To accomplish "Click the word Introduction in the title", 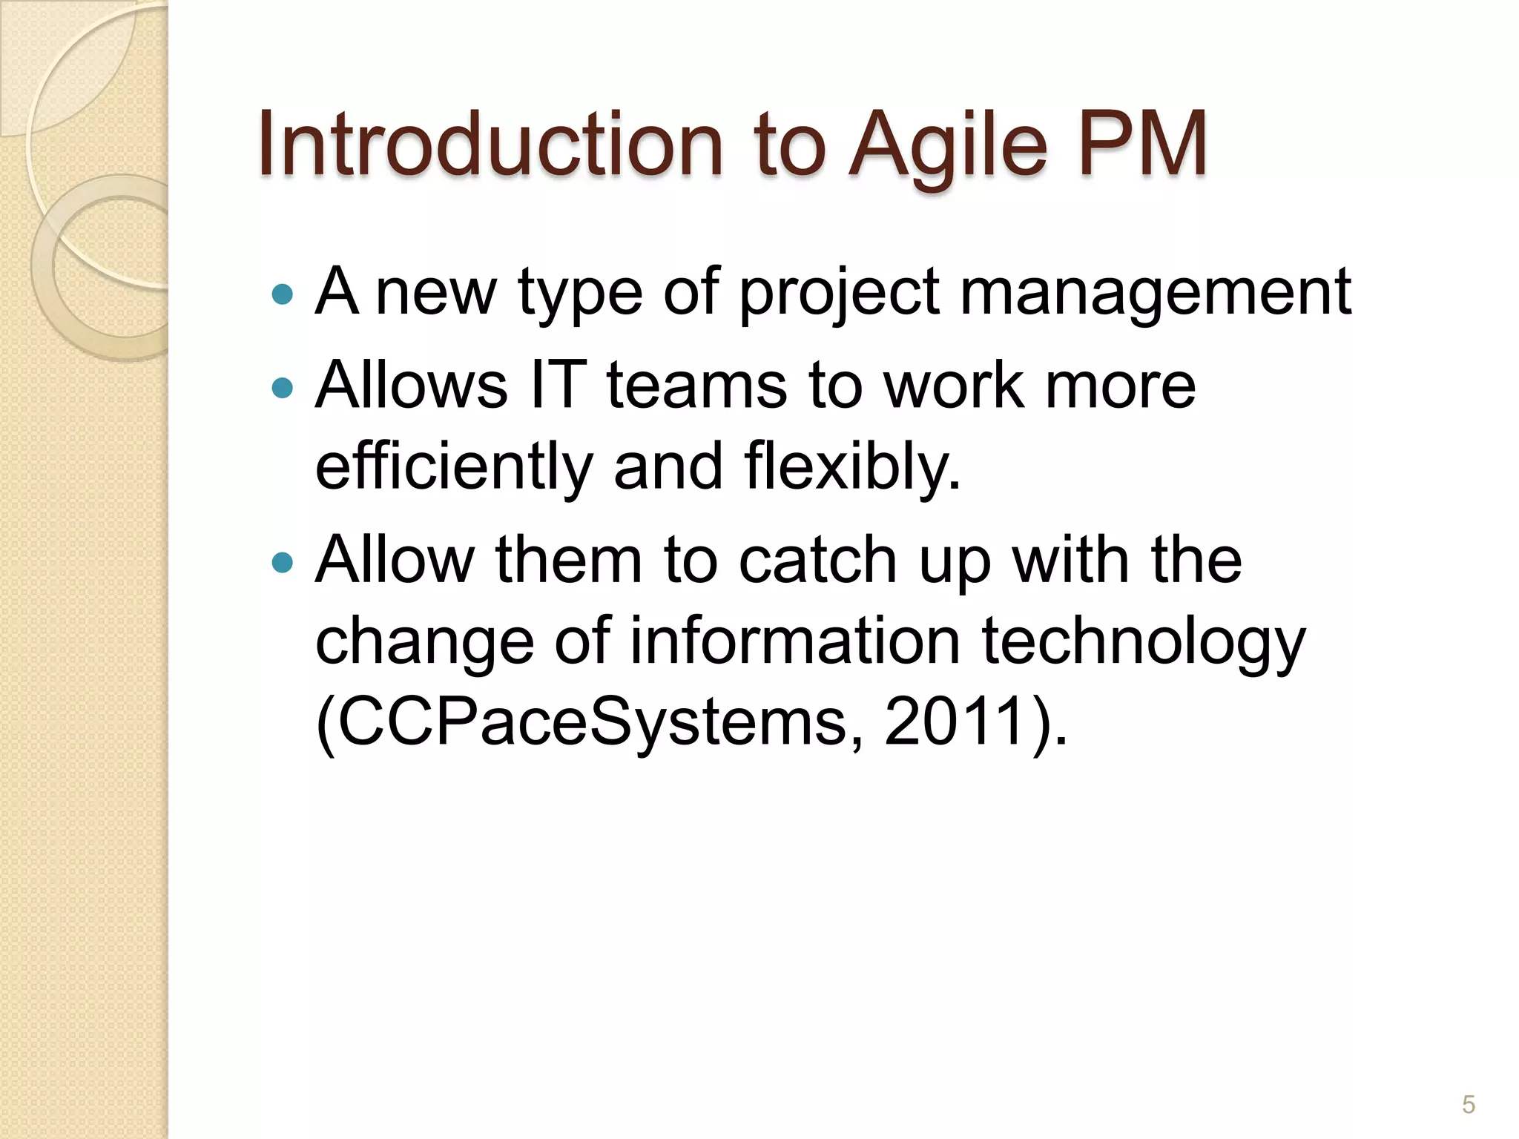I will (x=490, y=144).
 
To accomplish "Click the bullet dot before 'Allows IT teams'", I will (x=283, y=388).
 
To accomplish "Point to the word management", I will (x=1156, y=293).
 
